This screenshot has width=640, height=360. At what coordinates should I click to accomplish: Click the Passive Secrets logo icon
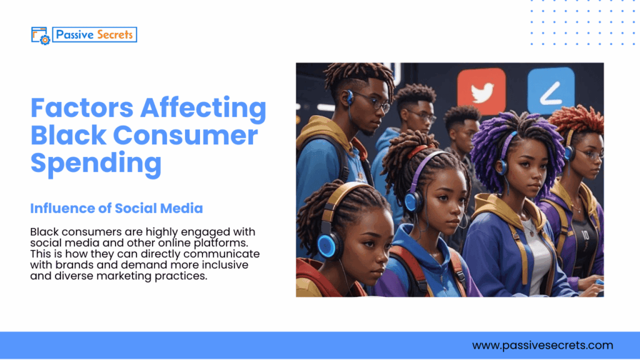pos(40,35)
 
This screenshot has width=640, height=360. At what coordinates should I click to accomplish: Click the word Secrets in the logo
pos(114,35)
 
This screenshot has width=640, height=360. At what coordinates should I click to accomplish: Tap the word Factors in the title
pos(82,108)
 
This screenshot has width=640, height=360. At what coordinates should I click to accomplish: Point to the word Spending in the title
pos(96,162)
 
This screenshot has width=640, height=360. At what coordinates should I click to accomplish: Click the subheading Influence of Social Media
pos(116,207)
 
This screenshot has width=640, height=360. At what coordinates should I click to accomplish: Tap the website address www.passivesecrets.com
pos(542,345)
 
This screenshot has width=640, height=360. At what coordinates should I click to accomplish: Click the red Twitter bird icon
pos(481,92)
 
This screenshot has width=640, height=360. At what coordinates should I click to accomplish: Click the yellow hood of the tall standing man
pos(319,131)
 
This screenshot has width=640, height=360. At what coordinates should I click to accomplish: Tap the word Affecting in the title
pos(202,108)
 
